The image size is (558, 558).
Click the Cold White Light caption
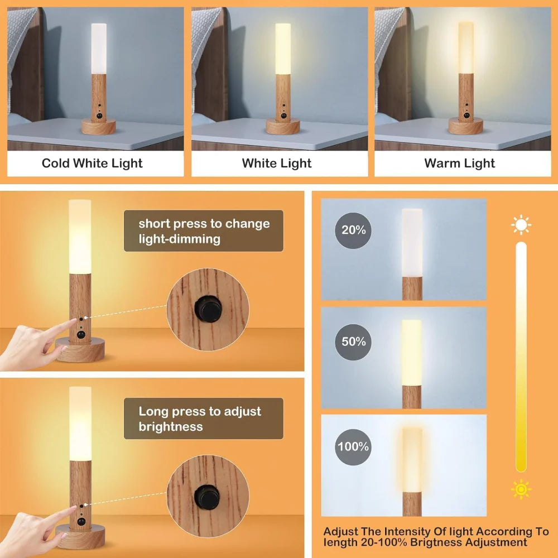(92, 163)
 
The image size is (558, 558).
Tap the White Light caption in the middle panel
(277, 163)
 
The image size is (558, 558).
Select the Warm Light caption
(459, 163)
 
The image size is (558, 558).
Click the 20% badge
(353, 230)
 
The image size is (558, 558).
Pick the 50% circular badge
(353, 341)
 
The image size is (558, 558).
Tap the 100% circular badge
(353, 446)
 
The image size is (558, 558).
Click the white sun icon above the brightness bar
(521, 225)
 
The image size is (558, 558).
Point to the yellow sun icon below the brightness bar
(521, 489)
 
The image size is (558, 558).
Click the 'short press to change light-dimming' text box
(204, 231)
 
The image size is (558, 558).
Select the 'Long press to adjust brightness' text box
(204, 419)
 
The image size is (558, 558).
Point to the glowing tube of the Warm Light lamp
(466, 47)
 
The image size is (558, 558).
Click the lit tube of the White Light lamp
(283, 47)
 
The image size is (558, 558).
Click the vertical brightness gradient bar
(521, 357)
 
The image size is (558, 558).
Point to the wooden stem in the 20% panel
(412, 287)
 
